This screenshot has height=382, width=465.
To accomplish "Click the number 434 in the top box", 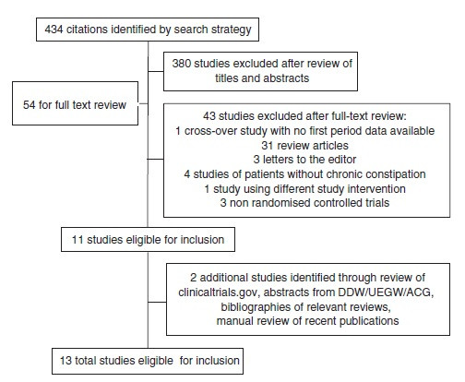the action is [x=54, y=30].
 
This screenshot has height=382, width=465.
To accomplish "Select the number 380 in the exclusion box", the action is [x=181, y=64].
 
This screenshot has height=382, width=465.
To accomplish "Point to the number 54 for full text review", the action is [x=30, y=105].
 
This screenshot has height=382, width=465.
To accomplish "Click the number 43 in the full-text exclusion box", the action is [x=209, y=116].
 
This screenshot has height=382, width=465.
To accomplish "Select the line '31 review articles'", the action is [x=304, y=146].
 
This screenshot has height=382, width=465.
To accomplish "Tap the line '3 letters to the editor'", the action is [x=304, y=160].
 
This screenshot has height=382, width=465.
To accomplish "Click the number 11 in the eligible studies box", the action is [x=77, y=240].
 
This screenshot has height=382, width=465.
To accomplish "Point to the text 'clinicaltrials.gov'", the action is [x=217, y=292].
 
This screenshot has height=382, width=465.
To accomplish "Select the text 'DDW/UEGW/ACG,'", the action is [x=386, y=292].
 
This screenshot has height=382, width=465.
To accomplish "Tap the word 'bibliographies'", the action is [x=254, y=307].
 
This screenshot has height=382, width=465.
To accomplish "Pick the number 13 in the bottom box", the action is [x=66, y=361].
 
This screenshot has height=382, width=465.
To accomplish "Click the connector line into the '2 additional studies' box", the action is [x=157, y=302].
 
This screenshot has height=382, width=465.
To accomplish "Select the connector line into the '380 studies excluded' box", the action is [x=156, y=72].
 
